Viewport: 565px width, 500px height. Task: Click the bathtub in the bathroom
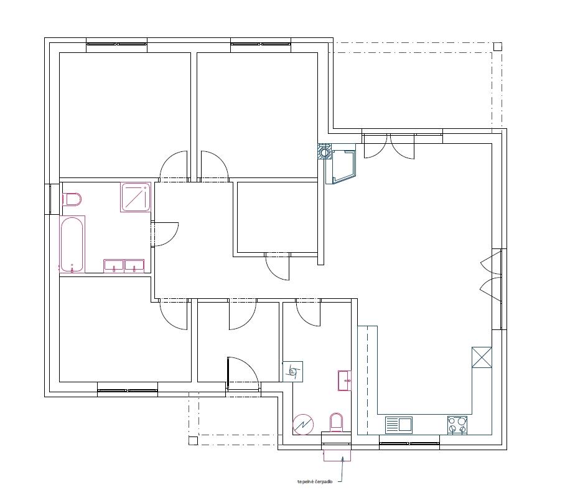(72, 244)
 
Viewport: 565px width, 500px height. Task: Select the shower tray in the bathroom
(136, 197)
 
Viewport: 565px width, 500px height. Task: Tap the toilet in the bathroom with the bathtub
(72, 199)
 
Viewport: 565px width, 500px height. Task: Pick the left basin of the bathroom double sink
(114, 266)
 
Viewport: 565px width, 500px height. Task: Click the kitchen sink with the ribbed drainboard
(398, 425)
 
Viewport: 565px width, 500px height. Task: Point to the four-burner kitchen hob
(457, 425)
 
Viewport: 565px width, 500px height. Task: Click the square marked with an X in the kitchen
(482, 357)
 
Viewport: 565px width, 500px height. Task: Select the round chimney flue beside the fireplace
(324, 152)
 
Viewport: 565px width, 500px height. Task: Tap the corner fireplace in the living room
(340, 164)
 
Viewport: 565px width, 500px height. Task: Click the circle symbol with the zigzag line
(304, 424)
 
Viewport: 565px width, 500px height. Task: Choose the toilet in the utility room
(336, 422)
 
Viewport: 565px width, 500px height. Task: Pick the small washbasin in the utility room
(345, 380)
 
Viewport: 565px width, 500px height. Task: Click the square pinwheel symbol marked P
(292, 372)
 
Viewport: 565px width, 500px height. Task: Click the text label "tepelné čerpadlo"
(315, 481)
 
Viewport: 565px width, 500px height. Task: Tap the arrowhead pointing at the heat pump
(343, 459)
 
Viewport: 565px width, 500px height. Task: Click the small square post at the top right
(498, 47)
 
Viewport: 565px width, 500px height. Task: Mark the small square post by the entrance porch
(193, 440)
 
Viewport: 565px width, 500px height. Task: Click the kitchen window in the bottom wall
(409, 443)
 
